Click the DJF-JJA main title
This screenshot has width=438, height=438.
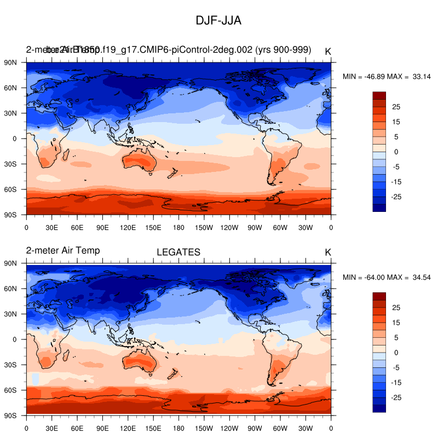tap(218, 20)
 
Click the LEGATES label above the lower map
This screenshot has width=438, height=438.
tap(178, 252)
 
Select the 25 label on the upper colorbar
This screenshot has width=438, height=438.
tap(396, 106)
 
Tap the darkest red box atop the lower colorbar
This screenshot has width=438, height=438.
tap(379, 296)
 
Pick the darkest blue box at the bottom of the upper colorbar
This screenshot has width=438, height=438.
tap(379, 208)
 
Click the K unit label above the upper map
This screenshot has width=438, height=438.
tap(328, 51)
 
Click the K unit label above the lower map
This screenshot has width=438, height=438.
tap(328, 252)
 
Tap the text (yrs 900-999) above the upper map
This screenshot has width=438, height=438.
tap(283, 50)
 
